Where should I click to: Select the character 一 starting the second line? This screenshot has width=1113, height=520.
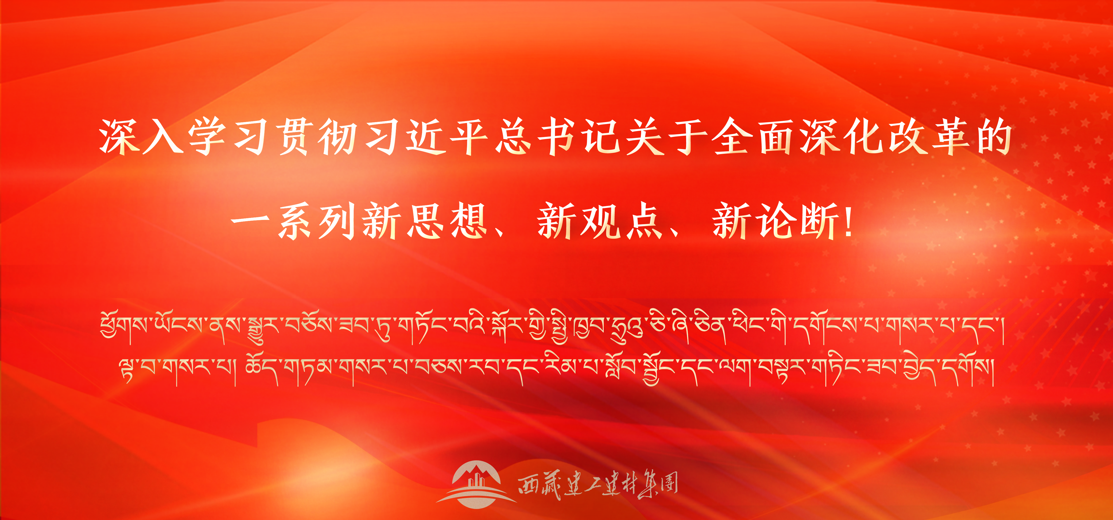click(x=250, y=221)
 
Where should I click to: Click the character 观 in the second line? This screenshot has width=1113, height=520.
click(x=600, y=221)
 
